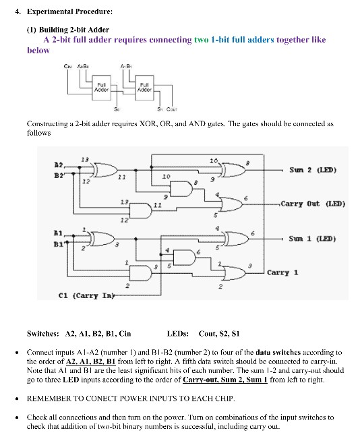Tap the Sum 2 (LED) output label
[313, 169]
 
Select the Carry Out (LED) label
[313, 203]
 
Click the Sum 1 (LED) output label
[313, 238]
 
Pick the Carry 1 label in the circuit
[282, 272]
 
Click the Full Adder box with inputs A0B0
[101, 87]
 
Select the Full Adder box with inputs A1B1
[144, 87]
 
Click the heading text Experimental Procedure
[65, 11]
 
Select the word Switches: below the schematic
[41, 333]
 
